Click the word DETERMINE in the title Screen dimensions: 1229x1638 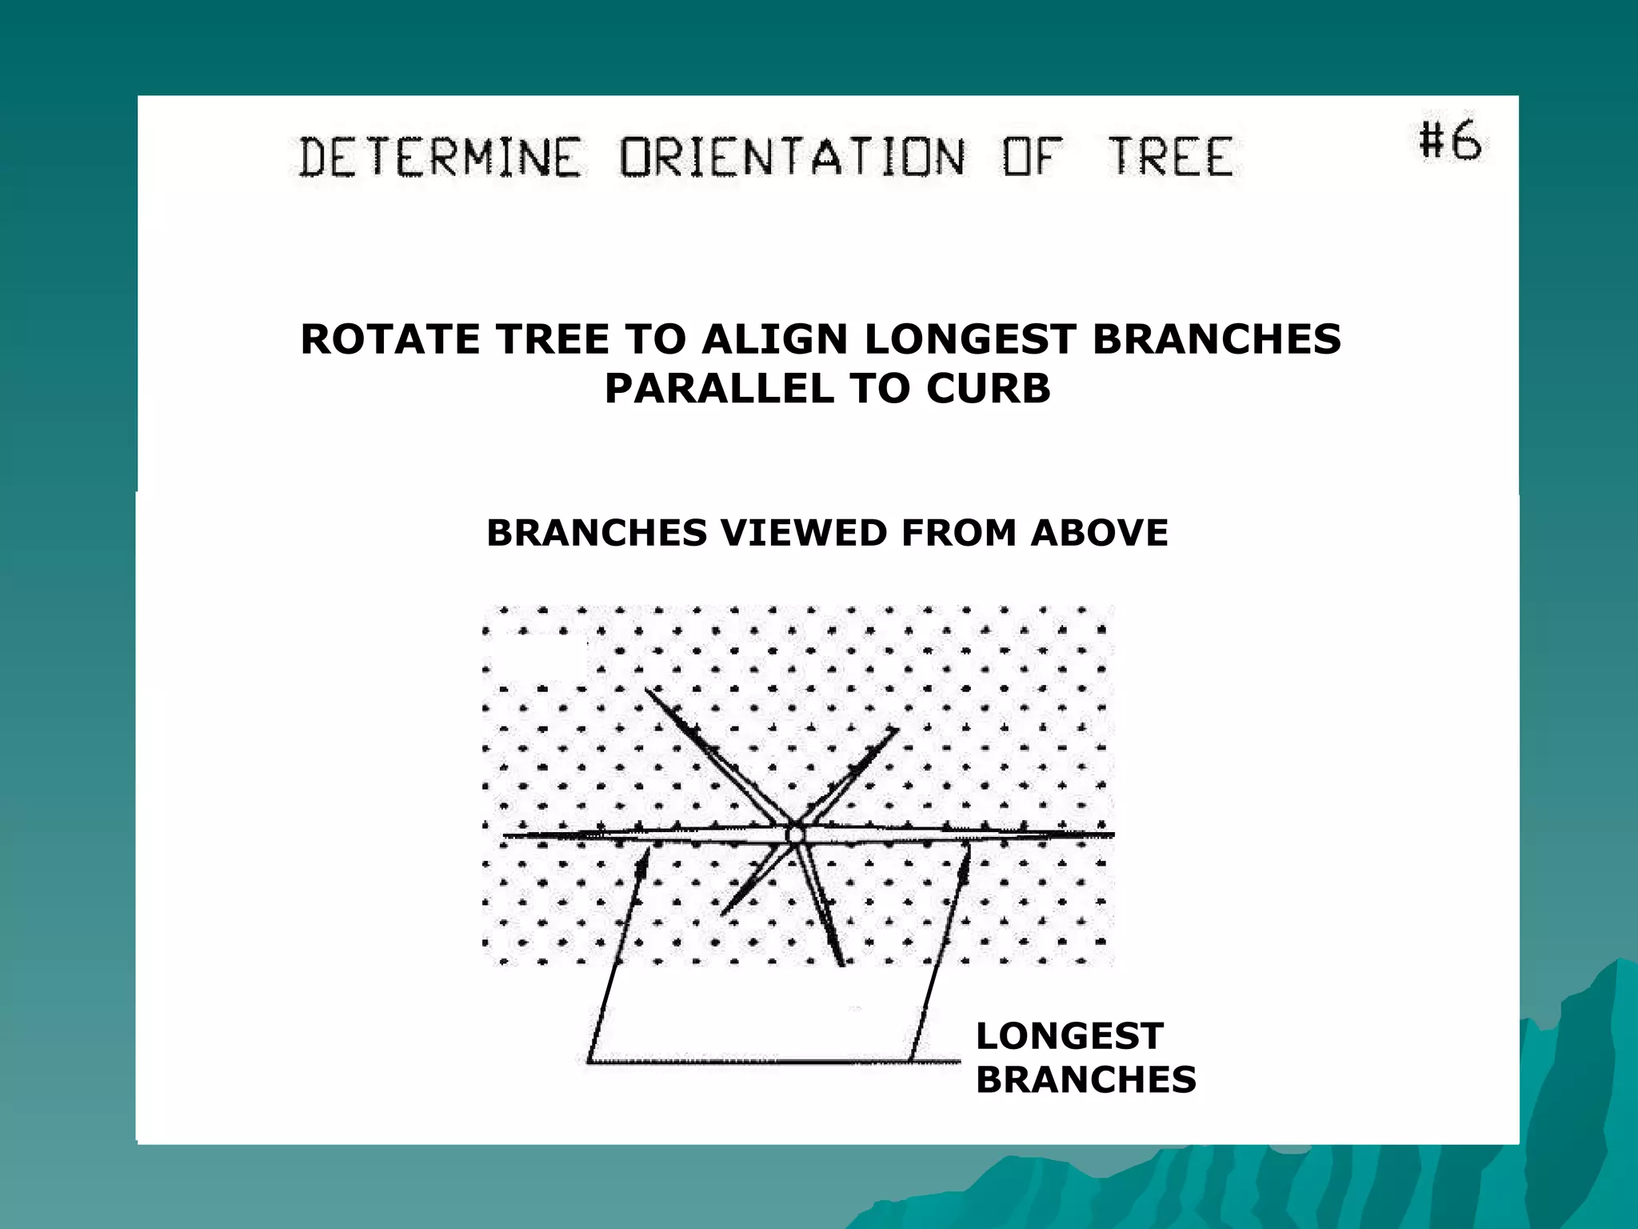[x=439, y=157]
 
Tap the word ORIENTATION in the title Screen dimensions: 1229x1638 [x=793, y=157]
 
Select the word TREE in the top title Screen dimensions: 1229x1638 [x=1170, y=157]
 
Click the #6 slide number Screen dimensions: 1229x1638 [x=1450, y=142]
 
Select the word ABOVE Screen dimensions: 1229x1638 [x=1099, y=533]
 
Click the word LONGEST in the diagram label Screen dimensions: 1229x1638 [x=1069, y=1037]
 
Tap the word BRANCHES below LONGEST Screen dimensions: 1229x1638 [x=1085, y=1080]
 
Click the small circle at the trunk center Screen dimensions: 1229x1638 [x=794, y=835]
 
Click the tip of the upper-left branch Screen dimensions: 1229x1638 [x=647, y=690]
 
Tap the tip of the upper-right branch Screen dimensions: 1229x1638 [x=897, y=730]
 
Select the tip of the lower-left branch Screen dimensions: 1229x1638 [x=723, y=914]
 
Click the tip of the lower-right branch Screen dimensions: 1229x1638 [x=841, y=964]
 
